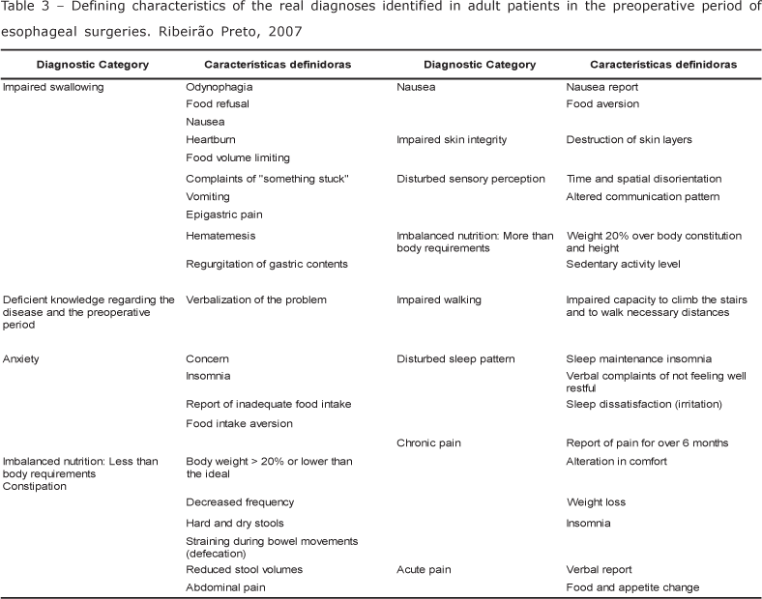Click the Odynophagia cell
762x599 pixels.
(x=219, y=87)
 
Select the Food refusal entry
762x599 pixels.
(x=219, y=104)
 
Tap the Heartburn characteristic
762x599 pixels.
(x=211, y=140)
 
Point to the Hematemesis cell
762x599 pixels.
(x=220, y=235)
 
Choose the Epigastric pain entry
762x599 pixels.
(x=224, y=214)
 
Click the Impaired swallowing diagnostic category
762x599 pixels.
(x=53, y=87)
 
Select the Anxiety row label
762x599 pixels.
(x=21, y=358)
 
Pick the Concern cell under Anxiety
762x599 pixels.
(x=208, y=358)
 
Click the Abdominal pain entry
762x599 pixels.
(x=225, y=586)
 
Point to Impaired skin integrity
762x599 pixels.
(x=452, y=140)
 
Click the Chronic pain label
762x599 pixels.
(x=428, y=442)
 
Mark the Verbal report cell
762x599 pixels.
(x=599, y=569)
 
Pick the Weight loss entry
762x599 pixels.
(x=597, y=502)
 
